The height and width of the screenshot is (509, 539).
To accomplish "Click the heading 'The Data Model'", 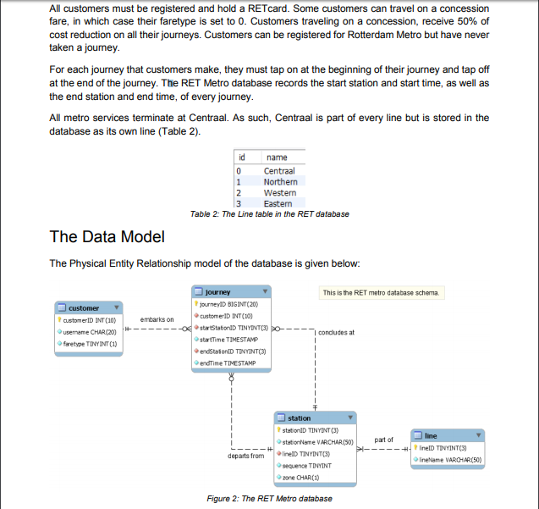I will pos(107,236).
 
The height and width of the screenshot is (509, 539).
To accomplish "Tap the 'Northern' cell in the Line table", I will pos(280,181).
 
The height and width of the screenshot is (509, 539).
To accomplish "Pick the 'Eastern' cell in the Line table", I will pos(278,203).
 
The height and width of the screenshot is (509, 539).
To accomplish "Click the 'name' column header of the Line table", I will pos(276,158).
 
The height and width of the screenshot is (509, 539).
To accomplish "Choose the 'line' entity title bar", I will pos(446,435).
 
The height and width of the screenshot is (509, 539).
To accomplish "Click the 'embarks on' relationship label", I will pos(157,318).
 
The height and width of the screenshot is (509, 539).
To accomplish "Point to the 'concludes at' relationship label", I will pos(338,333).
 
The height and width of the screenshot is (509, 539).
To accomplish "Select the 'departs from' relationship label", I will pos(246,456).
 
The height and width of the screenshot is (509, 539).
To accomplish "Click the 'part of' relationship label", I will pos(383,440).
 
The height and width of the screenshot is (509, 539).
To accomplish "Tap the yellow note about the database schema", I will pos(381,292).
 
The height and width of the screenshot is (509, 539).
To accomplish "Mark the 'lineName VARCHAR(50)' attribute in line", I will pos(451,459).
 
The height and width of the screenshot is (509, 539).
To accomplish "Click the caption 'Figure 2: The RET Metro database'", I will pos(269,498).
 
